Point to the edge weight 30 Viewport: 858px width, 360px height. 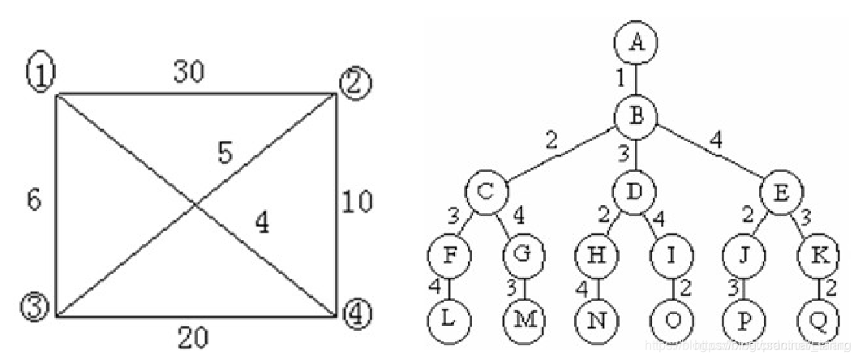189,72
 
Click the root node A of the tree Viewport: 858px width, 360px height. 635,42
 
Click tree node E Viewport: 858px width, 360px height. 782,193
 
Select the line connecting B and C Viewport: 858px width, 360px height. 560,153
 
